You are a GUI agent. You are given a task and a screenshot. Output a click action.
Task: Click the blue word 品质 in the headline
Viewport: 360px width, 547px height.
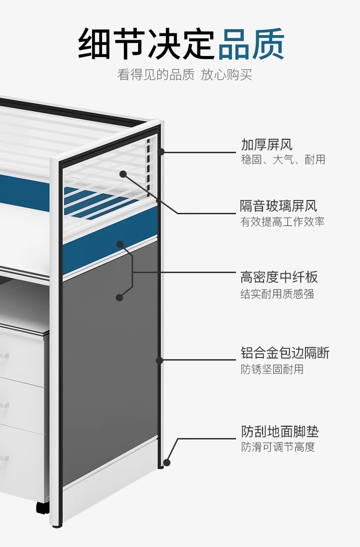pos(252,44)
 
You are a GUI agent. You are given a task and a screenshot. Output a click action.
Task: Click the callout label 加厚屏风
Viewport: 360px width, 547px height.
pos(267,145)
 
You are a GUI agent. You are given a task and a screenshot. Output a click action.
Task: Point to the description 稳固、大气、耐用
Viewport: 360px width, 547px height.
pos(283,160)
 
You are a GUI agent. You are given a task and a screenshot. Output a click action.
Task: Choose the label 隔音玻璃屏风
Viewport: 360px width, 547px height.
pos(278,206)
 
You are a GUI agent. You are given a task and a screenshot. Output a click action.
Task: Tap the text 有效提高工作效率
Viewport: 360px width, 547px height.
pos(283,222)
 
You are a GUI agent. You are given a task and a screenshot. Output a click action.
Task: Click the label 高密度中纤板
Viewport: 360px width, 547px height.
pos(279,277)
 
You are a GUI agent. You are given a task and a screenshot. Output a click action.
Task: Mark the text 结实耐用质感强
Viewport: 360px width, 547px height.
pos(277,294)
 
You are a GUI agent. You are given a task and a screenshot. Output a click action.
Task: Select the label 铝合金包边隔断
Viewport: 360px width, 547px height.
pos(285,352)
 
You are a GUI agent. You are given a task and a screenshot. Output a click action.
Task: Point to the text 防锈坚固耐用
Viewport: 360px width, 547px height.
pos(272,369)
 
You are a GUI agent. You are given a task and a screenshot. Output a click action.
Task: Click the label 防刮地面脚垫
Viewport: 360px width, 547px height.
pos(280,431)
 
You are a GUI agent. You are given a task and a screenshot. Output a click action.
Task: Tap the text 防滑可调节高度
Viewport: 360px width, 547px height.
pos(278,447)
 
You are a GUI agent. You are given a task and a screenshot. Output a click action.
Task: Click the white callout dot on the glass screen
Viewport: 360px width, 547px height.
pos(123,174)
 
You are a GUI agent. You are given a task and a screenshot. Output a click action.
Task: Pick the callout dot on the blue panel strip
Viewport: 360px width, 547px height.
pos(120,244)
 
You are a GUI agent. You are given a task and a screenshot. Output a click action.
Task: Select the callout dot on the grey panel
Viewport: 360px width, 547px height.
pos(119,297)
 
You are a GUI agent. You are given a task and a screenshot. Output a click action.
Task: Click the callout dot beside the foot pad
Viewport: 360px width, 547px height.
pos(167,462)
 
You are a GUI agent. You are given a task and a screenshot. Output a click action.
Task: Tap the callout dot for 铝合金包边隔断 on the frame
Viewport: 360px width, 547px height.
pos(159,360)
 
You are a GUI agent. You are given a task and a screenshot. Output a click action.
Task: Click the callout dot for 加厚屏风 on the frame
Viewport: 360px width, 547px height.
pos(160,152)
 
